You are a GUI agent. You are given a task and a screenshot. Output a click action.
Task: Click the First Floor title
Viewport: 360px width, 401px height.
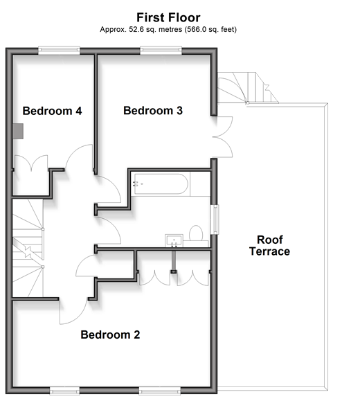click(168, 17)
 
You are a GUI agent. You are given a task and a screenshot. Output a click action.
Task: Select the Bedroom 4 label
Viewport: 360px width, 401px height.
click(52, 111)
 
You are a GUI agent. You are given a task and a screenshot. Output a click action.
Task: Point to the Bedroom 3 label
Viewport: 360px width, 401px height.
click(153, 111)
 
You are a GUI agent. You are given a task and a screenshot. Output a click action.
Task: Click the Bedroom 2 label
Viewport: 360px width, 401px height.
click(110, 335)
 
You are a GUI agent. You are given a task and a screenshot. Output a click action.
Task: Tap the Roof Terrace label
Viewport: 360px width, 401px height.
click(270, 246)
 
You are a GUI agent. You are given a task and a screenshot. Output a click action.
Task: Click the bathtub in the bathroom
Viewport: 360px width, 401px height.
click(161, 184)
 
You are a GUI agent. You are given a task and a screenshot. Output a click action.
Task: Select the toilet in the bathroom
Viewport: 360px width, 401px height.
click(196, 234)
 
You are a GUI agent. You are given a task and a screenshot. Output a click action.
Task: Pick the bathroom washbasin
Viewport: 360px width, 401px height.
click(174, 240)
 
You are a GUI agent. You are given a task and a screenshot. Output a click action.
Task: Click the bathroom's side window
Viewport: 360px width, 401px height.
click(215, 220)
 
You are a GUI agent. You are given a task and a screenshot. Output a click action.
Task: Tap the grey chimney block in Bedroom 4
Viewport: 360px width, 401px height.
click(18, 131)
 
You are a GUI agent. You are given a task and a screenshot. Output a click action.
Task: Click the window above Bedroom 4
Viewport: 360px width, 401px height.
click(59, 51)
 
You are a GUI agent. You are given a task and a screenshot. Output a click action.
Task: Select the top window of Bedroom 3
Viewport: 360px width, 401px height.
click(161, 51)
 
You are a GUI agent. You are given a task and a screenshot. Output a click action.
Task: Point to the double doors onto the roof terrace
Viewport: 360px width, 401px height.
click(223, 137)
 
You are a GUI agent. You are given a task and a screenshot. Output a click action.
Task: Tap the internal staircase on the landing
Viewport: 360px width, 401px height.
click(28, 248)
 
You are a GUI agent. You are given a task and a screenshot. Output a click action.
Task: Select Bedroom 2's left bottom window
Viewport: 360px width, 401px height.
click(64, 391)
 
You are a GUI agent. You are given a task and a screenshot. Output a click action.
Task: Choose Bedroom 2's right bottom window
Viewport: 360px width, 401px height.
click(160, 391)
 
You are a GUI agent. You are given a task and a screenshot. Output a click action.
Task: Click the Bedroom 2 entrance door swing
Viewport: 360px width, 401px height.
click(73, 312)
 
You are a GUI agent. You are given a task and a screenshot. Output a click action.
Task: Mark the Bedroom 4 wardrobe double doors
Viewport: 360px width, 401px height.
click(31, 163)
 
